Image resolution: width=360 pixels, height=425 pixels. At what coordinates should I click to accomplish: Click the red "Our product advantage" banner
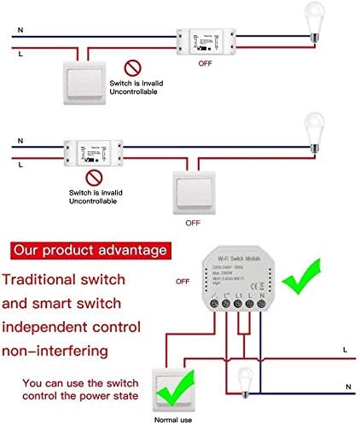90,251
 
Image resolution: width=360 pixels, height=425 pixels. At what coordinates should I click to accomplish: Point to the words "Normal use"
171,417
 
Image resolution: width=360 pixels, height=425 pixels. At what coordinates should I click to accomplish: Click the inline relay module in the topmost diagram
206,39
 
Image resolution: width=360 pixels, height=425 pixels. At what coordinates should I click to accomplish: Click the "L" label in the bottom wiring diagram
344,349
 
